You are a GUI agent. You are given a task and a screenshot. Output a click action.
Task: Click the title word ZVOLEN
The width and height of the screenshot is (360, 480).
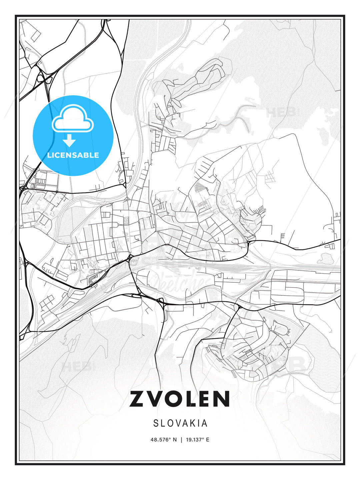pos(180,399)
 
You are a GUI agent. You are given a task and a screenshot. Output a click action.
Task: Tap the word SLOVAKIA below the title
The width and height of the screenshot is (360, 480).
pos(180,423)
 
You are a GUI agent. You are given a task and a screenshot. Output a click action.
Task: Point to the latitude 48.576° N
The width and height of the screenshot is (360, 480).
pos(164,440)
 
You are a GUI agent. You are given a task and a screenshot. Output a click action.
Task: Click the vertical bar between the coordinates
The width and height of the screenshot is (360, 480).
pos(181,440)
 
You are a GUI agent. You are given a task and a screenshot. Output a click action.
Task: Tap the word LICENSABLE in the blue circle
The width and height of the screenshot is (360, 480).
pos(73,155)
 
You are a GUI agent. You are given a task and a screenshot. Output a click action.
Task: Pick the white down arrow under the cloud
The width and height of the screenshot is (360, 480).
pos(69,141)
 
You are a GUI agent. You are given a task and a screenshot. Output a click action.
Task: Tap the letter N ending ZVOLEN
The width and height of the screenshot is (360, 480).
pos(221,399)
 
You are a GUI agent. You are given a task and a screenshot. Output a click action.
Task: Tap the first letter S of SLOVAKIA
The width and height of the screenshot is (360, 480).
pos(156,423)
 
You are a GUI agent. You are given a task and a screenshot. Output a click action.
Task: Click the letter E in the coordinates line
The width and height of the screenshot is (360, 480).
pos(208,440)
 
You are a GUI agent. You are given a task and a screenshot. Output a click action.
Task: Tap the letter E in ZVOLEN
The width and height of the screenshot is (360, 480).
pos(204,399)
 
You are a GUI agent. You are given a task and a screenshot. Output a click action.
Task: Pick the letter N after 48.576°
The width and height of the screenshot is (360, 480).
pos(175,440)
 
